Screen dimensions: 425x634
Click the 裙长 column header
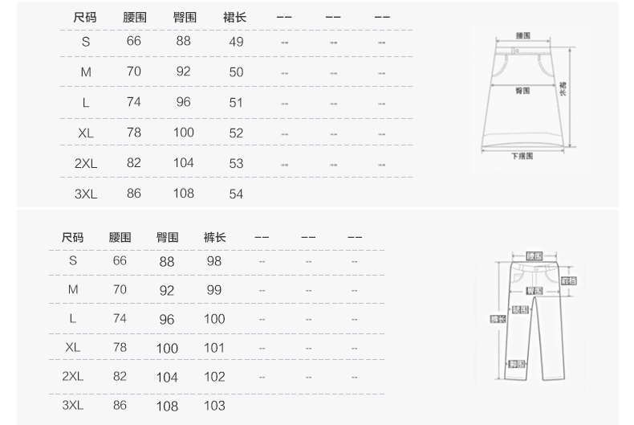coord(235,17)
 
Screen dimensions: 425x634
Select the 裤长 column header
coord(214,237)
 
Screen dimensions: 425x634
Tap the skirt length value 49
coord(236,42)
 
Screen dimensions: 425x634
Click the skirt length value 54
coord(236,194)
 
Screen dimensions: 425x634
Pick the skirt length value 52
coord(236,133)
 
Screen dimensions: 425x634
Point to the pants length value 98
coord(214,261)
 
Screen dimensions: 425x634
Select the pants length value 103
coord(214,406)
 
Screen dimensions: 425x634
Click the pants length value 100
coord(214,319)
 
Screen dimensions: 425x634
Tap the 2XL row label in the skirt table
coord(85,163)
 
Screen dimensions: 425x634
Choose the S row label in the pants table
coord(73,260)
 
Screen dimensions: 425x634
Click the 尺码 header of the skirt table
coord(86,17)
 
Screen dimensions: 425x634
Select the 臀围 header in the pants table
coord(167,237)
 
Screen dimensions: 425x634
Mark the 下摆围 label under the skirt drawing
coord(522,157)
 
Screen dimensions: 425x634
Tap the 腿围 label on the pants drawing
coord(520,309)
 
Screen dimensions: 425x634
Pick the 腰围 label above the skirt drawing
coord(522,35)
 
